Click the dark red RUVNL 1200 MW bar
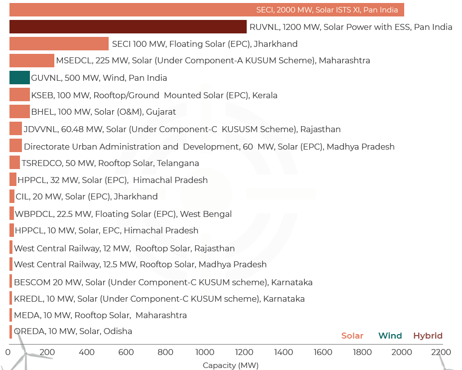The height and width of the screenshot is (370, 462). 128,27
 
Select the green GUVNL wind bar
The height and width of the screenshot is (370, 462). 19,78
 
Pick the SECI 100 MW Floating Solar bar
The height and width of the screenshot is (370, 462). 59,44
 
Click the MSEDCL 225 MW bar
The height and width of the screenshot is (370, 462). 31,61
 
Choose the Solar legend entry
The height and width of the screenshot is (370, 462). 352,336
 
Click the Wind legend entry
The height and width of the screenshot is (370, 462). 390,336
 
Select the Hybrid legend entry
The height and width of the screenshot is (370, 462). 428,336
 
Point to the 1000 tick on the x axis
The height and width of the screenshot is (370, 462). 205,352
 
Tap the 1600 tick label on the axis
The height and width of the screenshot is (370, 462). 323,352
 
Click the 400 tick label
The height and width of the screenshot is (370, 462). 87,352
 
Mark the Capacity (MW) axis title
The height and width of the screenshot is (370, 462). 230,366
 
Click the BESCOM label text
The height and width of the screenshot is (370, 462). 32,282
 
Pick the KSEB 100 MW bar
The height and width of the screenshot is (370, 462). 19,95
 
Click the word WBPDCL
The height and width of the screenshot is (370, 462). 32,214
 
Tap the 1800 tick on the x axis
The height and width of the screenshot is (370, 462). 362,352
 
